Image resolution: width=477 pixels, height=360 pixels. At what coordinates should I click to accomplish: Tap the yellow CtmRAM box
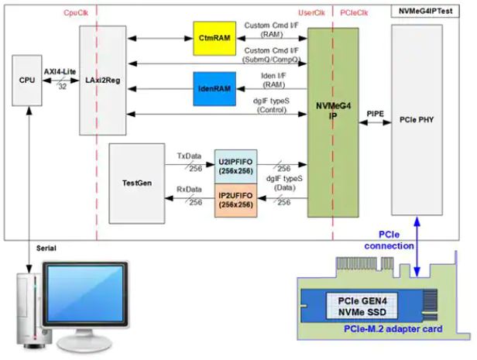212,39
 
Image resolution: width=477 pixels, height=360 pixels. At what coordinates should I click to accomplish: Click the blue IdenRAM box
212,88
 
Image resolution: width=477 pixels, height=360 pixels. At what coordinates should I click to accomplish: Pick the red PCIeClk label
355,14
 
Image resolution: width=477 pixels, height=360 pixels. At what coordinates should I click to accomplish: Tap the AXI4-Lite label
60,68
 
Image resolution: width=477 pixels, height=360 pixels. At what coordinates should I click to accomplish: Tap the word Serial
48,248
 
